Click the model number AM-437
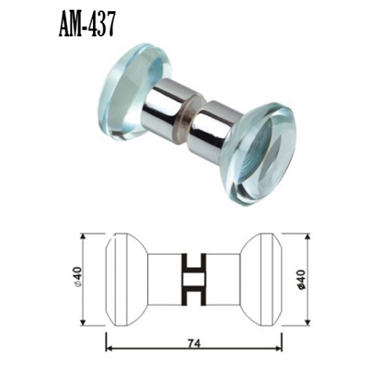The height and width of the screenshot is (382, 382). click(86, 25)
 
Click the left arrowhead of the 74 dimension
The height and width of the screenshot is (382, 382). click(109, 347)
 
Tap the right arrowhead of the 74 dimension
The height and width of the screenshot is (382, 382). click(282, 347)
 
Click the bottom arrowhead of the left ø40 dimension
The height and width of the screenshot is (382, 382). click(82, 323)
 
